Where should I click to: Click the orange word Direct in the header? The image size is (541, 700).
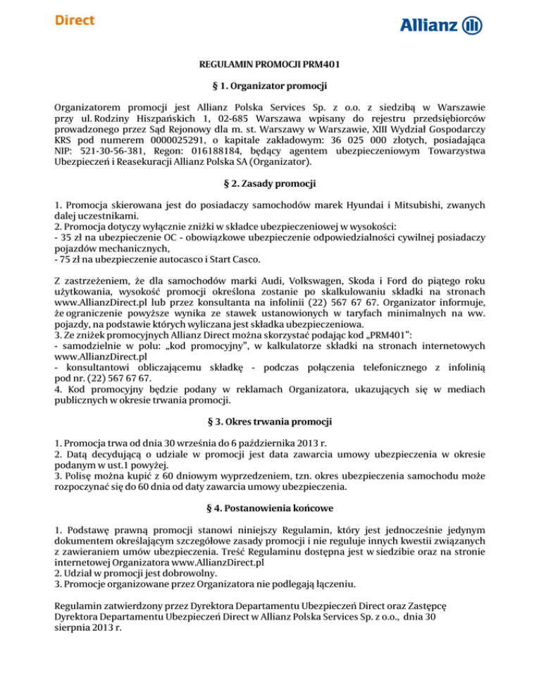coord(75,20)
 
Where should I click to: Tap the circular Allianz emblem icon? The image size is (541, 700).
coord(473,25)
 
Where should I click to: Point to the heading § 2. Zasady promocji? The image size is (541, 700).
coord(270,185)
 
